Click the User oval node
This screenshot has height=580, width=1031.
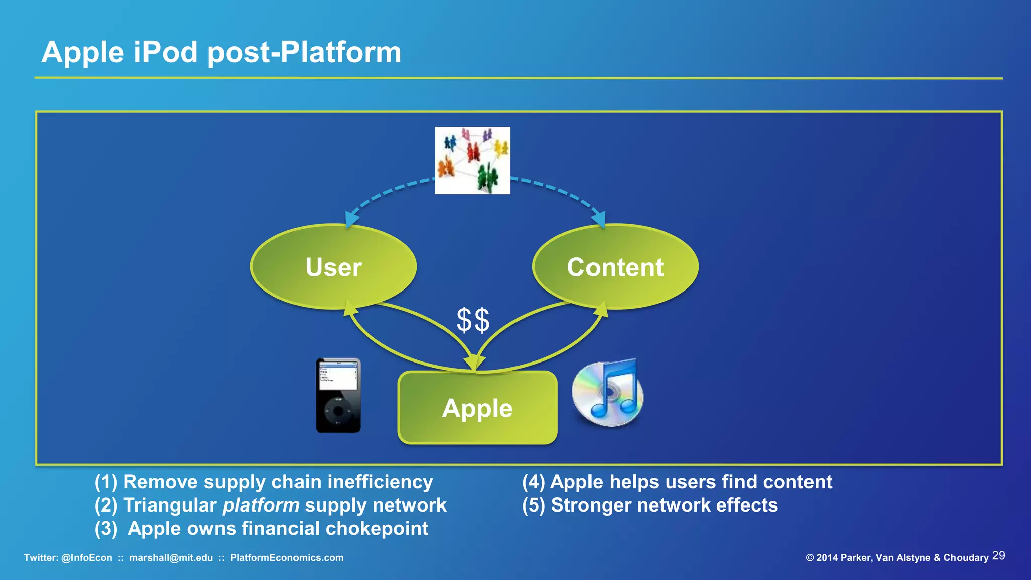pos(333,266)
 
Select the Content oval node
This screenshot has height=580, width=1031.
pos(615,266)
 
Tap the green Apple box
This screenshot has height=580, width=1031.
pos(477,408)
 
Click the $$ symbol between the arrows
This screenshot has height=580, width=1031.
pos(473,320)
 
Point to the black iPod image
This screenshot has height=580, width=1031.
pos(338,396)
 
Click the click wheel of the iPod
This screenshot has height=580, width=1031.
pos(338,411)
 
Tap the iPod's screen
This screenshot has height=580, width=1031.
pos(338,376)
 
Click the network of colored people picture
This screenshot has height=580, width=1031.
pos(473,161)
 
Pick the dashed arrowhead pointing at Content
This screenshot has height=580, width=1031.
pos(599,220)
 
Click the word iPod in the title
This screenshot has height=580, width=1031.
pos(166,52)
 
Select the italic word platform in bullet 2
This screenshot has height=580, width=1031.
pos(261,505)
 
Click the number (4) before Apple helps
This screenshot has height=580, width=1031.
pos(533,482)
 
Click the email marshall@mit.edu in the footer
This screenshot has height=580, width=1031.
pos(171,558)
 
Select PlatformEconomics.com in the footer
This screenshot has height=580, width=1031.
pos(286,558)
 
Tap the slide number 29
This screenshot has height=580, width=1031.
pos(998,556)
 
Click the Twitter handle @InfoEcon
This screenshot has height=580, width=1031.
pos(87,558)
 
